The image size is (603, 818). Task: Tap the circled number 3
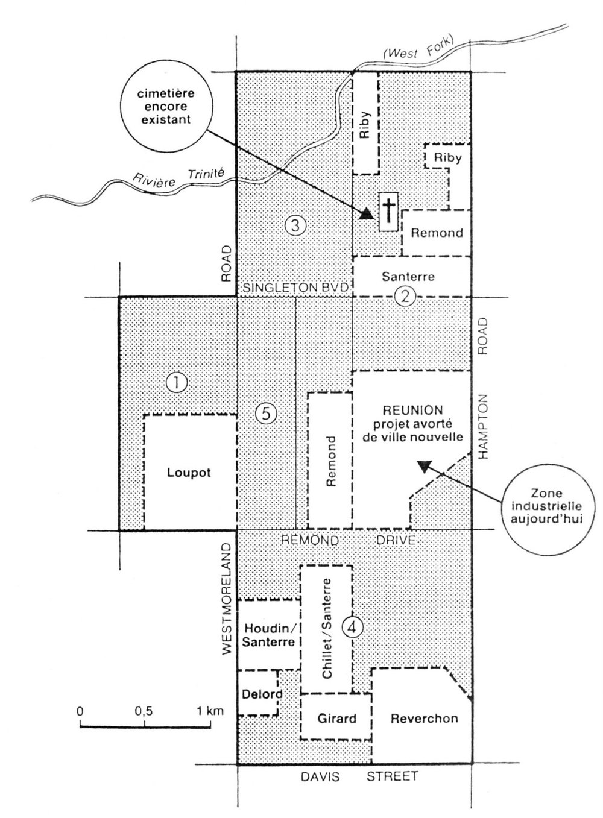(x=295, y=225)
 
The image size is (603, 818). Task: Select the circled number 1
(x=177, y=383)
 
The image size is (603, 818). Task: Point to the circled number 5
(x=267, y=414)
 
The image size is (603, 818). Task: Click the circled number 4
(x=352, y=628)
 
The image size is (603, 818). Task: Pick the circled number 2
(x=405, y=296)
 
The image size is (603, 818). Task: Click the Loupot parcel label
(x=189, y=473)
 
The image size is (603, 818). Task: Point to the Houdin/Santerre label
(x=268, y=635)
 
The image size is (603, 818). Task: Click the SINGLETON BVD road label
(x=295, y=288)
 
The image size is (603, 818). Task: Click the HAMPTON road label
(x=482, y=426)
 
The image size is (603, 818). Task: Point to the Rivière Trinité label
(x=178, y=177)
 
